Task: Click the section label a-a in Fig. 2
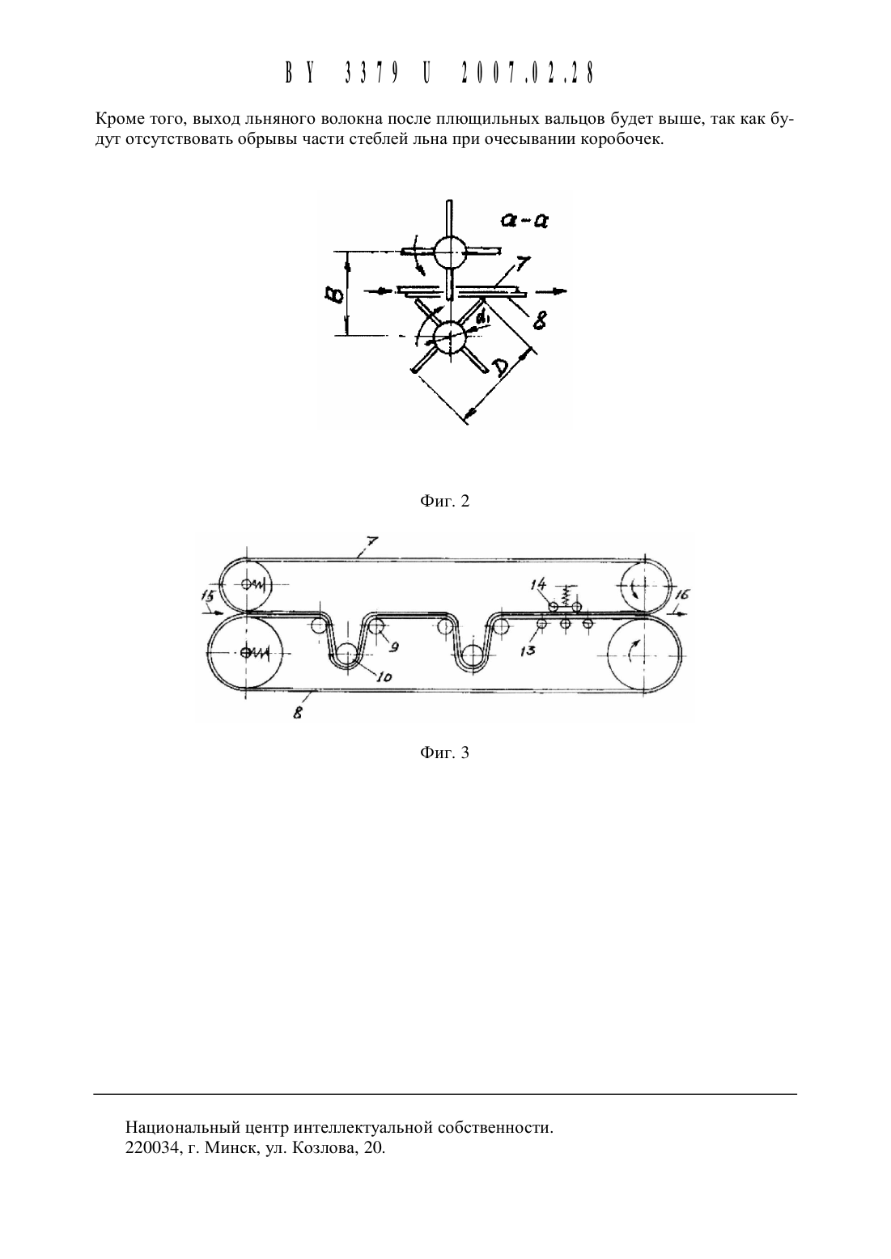click(523, 220)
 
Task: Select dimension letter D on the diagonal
click(500, 367)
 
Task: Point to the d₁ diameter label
click(483, 319)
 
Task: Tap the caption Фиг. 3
click(444, 752)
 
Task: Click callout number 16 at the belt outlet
click(682, 595)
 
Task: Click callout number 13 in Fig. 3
click(528, 651)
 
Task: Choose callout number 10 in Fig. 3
click(384, 676)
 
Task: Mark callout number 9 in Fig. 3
click(394, 647)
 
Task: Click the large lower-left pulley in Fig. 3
click(246, 652)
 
